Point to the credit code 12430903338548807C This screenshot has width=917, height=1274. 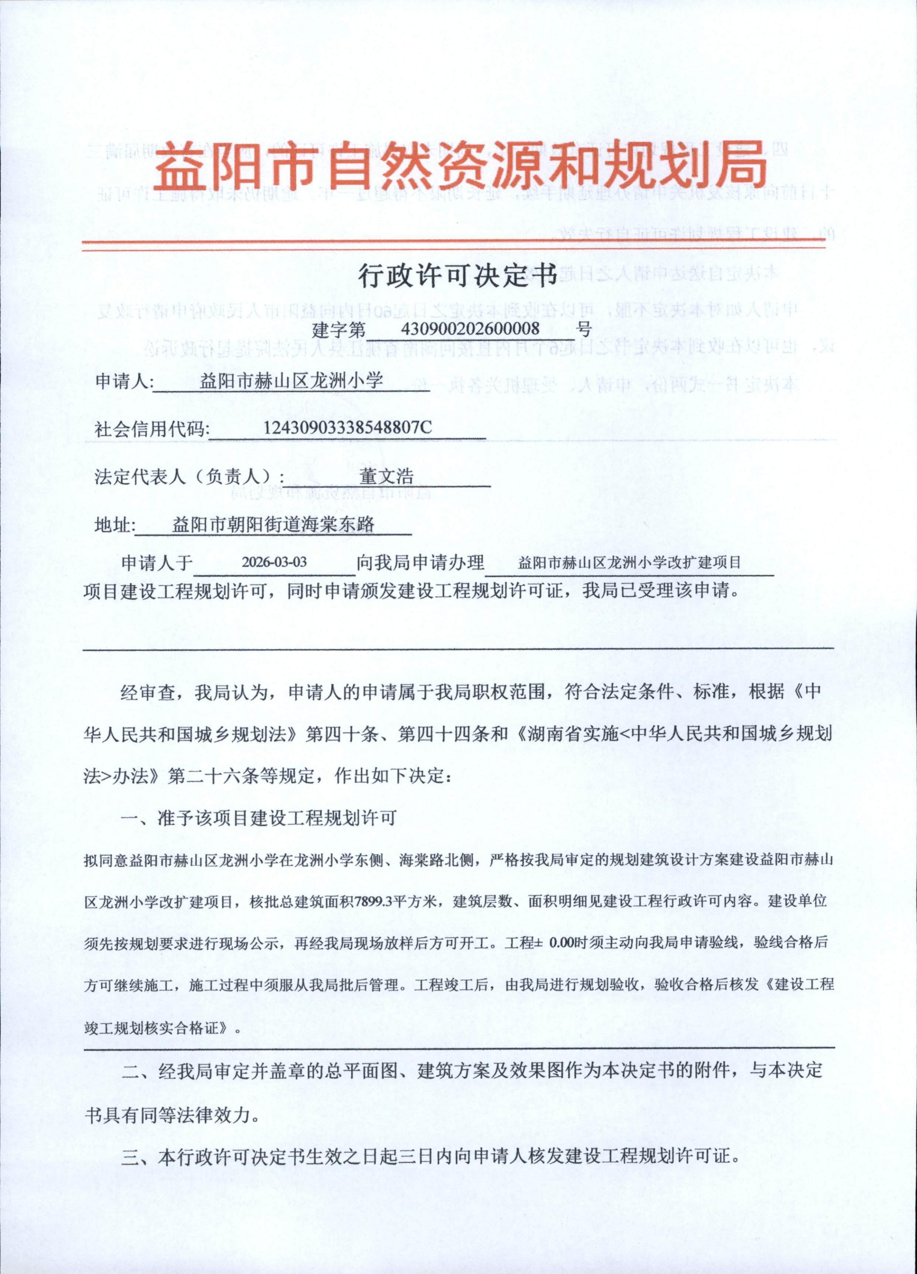(x=348, y=428)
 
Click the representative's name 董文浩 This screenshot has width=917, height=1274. (x=387, y=476)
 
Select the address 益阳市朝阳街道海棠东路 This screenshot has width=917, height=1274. (x=274, y=525)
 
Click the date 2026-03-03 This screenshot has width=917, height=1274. (x=274, y=562)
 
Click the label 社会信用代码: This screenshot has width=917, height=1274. (x=152, y=430)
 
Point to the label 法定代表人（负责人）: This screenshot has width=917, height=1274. (x=190, y=477)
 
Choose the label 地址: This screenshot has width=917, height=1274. (x=115, y=525)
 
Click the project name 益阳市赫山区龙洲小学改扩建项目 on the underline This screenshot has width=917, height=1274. (x=629, y=562)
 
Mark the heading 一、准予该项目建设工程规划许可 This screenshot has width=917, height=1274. (x=259, y=818)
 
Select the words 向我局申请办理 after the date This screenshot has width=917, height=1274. (x=420, y=562)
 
